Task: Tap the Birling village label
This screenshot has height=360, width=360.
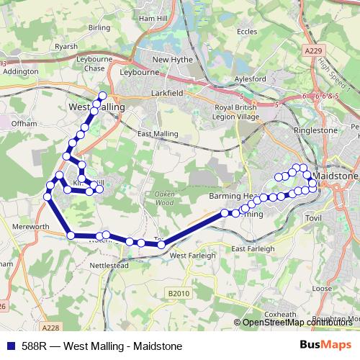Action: tap(99, 27)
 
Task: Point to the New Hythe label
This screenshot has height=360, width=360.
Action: tap(171, 60)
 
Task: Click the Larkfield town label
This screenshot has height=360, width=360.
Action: tap(170, 93)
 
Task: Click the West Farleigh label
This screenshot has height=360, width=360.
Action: tap(192, 256)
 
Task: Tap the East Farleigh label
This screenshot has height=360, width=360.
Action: tap(253, 248)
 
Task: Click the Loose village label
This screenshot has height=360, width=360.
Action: tap(322, 288)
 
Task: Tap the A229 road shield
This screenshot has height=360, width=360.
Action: tap(312, 52)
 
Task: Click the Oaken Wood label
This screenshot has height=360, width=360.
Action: tap(164, 198)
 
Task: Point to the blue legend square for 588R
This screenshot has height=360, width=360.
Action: tap(11, 346)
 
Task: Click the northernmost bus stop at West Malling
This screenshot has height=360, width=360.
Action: tap(102, 96)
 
